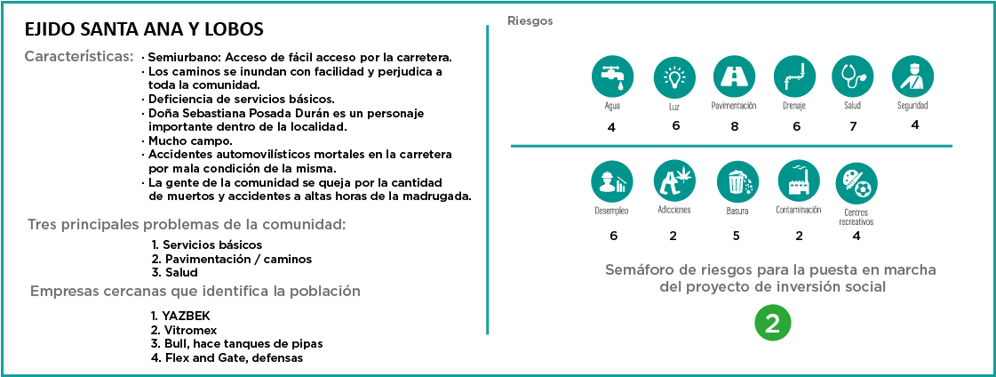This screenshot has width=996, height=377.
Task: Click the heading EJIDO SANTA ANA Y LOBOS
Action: tap(145, 29)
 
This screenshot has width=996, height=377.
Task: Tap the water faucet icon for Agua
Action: tap(611, 77)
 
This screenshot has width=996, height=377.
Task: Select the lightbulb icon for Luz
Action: tap(673, 77)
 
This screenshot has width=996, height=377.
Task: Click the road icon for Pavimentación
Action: tap(734, 77)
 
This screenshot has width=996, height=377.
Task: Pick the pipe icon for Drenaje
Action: tap(793, 77)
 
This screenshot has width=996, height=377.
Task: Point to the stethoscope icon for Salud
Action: tap(853, 77)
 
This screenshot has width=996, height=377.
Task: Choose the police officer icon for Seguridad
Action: tap(912, 77)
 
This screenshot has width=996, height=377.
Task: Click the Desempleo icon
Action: tap(611, 181)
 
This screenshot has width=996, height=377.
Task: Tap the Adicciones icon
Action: tap(673, 181)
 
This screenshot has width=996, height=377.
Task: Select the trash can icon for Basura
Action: tap(737, 181)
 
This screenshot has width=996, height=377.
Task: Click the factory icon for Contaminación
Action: tap(797, 181)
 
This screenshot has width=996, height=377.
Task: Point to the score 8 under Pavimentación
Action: tap(734, 126)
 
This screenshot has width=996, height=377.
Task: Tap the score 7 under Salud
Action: tap(853, 126)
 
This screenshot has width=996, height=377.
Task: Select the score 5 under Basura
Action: tap(737, 237)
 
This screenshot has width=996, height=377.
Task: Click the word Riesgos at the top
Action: tap(530, 20)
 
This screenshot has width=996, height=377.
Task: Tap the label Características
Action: tap(79, 56)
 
